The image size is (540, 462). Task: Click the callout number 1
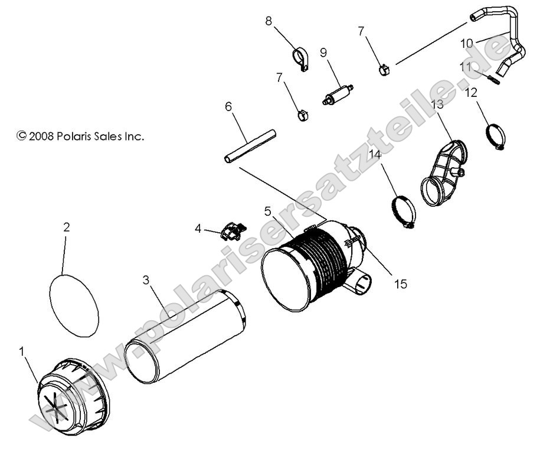22,351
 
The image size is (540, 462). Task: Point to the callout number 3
146,280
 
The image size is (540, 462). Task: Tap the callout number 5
268,211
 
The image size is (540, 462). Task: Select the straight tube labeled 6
250,145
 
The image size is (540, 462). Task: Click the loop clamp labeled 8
302,58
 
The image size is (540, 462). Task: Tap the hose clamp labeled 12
494,136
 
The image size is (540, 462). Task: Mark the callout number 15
400,284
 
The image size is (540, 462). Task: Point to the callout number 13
437,105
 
